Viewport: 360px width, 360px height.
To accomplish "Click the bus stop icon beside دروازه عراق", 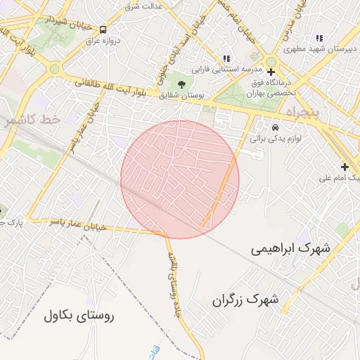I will [x=103, y=30].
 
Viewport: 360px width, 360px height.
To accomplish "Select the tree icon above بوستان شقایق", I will [x=182, y=84].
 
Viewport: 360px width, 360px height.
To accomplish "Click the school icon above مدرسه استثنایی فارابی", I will [x=226, y=59].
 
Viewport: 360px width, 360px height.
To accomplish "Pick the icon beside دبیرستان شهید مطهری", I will [x=319, y=39].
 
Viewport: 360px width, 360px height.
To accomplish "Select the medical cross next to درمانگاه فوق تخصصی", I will [x=271, y=72].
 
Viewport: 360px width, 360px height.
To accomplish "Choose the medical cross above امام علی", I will [x=345, y=167].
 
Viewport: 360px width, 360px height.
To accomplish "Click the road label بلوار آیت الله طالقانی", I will [x=117, y=87].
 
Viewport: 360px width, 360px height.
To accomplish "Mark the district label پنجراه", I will [x=304, y=112].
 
